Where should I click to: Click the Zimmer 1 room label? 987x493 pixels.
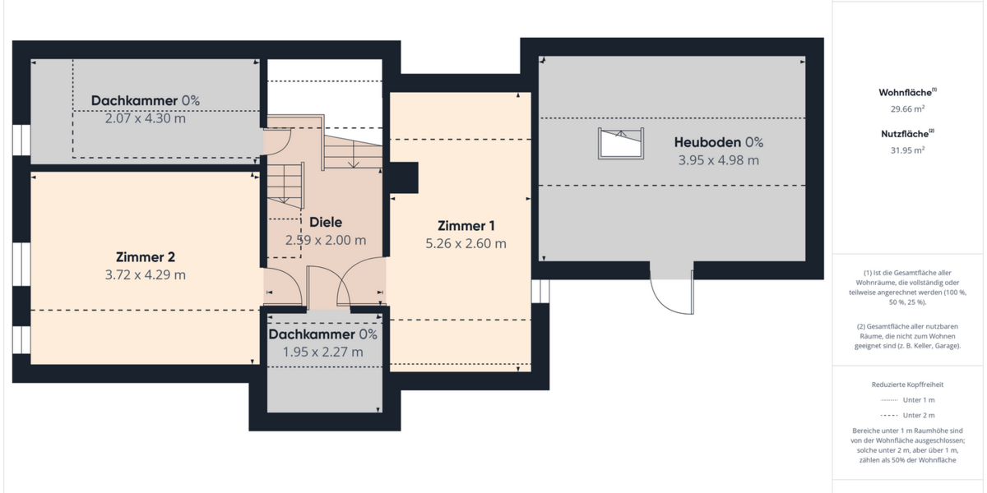(466, 226)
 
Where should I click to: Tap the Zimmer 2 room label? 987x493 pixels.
(145, 257)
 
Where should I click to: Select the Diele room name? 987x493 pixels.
(326, 222)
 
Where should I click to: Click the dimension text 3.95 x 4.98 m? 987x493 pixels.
(718, 160)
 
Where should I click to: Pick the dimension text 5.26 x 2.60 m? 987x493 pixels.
(466, 243)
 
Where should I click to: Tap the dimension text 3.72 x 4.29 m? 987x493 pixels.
(145, 274)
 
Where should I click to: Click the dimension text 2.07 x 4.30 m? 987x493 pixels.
(145, 118)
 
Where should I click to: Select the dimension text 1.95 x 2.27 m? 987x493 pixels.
(322, 352)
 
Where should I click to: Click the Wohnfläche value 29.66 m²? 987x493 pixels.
(908, 108)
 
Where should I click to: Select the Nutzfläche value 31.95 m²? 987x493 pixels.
(908, 150)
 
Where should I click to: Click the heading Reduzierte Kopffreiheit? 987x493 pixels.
(907, 384)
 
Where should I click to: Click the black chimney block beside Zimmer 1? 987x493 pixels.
(403, 177)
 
